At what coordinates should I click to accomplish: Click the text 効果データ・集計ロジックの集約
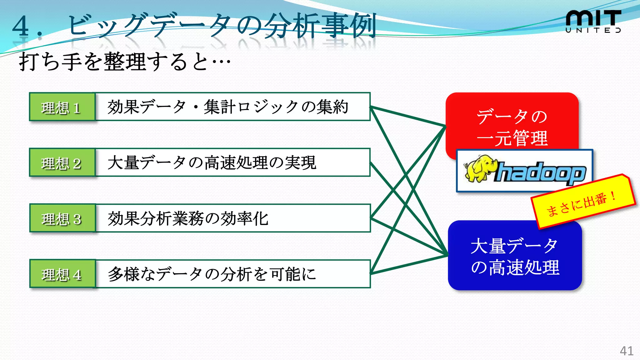click(x=227, y=107)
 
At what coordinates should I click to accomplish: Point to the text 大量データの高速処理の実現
click(x=212, y=162)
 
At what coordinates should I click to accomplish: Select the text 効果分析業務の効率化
click(x=188, y=218)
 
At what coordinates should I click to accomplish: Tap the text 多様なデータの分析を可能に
click(x=212, y=274)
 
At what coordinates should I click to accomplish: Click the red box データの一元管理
click(x=512, y=123)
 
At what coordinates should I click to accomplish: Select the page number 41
click(x=627, y=351)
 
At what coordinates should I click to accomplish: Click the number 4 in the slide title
click(x=21, y=26)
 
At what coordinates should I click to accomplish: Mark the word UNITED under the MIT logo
click(x=593, y=30)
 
